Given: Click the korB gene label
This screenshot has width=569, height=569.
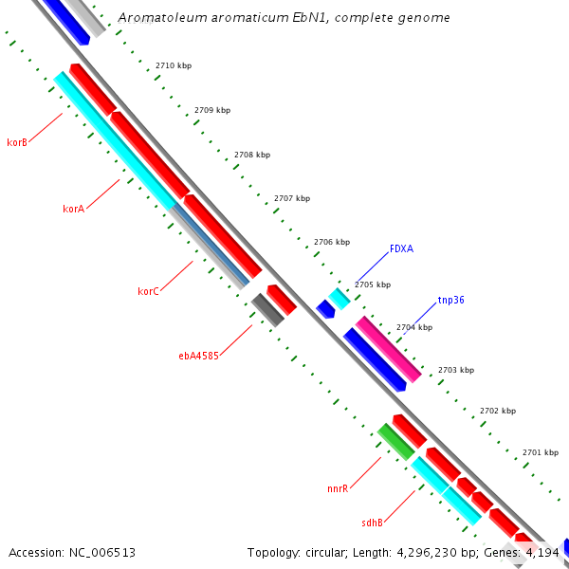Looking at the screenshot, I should pos(17,142).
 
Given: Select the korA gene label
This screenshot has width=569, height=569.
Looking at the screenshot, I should pos(74,209).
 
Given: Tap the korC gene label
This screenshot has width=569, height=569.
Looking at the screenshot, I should pos(148,291).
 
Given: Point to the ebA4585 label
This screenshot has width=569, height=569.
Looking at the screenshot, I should pos(199,357).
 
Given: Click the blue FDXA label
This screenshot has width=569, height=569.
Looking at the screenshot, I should pos(401,249).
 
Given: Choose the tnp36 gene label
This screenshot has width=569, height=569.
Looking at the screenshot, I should pos(450,300).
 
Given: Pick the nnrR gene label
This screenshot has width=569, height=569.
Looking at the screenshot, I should pos(338,488).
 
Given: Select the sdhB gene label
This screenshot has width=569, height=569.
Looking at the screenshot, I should pos(372,523).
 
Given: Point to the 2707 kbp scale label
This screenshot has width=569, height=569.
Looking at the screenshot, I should pos(292,199).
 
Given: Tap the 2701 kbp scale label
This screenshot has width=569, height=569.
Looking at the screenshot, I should pos(541,452).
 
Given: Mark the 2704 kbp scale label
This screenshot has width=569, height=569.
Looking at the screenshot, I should pos(414,327).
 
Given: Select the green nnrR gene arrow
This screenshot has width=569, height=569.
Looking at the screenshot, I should pos(395,442).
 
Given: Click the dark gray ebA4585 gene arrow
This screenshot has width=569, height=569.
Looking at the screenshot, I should pos(267,310).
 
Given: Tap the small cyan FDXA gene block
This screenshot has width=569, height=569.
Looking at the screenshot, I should pos(340,298).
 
